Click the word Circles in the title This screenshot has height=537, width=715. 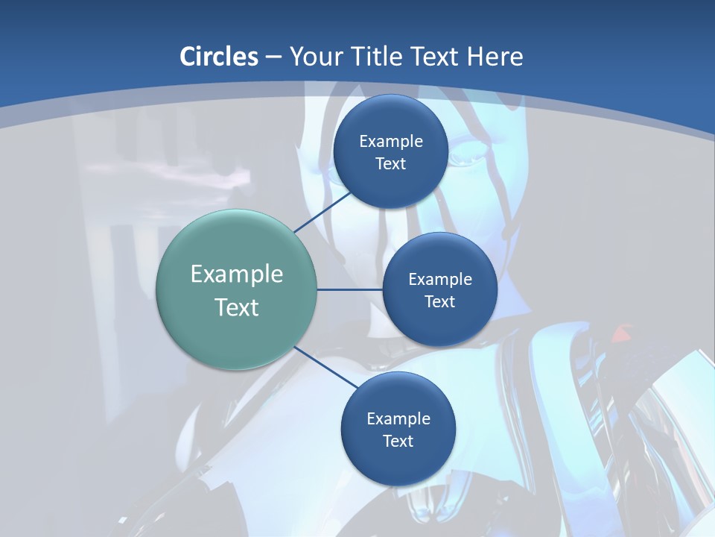(x=219, y=57)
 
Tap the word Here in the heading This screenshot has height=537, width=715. (x=495, y=57)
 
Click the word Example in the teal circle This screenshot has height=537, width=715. (x=237, y=274)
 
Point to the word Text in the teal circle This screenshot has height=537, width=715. (x=237, y=307)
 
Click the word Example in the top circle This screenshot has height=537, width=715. (x=391, y=142)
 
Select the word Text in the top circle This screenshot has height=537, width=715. (x=390, y=164)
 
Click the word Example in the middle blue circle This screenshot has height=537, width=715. (x=440, y=280)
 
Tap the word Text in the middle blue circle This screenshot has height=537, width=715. (x=439, y=302)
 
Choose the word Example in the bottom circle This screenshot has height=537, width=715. (x=398, y=419)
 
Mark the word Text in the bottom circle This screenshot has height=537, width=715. (x=398, y=442)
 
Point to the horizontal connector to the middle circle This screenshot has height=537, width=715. (x=349, y=289)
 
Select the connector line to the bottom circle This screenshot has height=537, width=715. (x=326, y=366)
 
